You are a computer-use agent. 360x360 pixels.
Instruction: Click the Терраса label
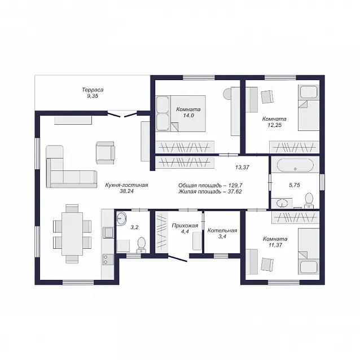pos(93,90)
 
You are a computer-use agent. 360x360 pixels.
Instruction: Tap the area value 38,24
pos(126,191)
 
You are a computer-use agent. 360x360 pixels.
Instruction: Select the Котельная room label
pos(222,230)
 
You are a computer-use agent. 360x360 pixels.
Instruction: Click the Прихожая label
pos(185,226)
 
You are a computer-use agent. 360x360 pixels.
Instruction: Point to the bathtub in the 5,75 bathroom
pos(295,165)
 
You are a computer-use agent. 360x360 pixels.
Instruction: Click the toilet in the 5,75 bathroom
pos(309,200)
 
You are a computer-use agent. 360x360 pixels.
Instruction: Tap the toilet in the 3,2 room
pos(142,245)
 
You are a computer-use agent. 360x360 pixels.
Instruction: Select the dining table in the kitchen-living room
pos(72,234)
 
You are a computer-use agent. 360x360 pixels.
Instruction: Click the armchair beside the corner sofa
pos(106,153)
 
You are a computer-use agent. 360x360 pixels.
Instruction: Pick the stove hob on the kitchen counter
pos(108,260)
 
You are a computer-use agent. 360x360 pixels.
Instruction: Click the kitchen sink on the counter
pos(108,232)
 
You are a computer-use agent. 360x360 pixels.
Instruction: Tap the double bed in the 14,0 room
pos(180,113)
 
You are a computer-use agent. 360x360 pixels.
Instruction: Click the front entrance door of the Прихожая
pos(178,258)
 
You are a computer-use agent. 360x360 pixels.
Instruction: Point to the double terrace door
pos(122,114)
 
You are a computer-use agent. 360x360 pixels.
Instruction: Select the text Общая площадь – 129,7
pos(210,185)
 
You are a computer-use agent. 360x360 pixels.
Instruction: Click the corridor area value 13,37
pos(242,168)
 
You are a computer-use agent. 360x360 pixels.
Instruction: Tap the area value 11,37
pos(275,245)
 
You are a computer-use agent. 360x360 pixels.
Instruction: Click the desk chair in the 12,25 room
pos(267,97)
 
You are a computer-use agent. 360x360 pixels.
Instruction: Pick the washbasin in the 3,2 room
pos(121,218)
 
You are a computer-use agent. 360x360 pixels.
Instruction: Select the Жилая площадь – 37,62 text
pos(210,191)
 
